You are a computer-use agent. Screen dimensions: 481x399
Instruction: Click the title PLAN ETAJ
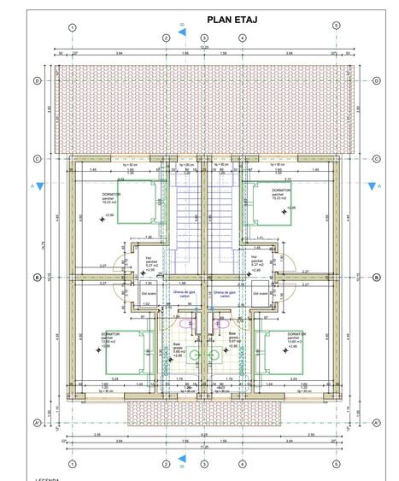click(232, 20)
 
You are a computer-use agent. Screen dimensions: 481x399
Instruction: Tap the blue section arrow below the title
click(181, 32)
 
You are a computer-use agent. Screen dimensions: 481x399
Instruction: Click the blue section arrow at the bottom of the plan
click(181, 464)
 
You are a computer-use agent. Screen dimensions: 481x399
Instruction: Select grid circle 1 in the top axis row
click(73, 27)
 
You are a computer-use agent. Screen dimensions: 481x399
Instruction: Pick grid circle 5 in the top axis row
click(336, 26)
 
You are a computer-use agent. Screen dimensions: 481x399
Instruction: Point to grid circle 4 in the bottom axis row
click(242, 464)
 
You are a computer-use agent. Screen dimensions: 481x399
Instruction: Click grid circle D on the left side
click(38, 81)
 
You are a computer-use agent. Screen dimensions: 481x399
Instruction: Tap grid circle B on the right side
click(377, 277)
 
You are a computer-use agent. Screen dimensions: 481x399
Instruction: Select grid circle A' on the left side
click(38, 422)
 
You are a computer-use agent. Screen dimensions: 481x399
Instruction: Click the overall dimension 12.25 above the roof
click(203, 48)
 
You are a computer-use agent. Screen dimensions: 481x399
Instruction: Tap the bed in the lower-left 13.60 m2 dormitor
click(130, 352)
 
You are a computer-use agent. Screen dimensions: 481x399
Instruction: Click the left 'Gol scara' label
click(148, 292)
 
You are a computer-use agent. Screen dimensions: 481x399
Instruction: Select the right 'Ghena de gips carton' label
click(224, 294)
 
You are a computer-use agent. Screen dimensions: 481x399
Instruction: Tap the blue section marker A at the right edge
click(373, 185)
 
